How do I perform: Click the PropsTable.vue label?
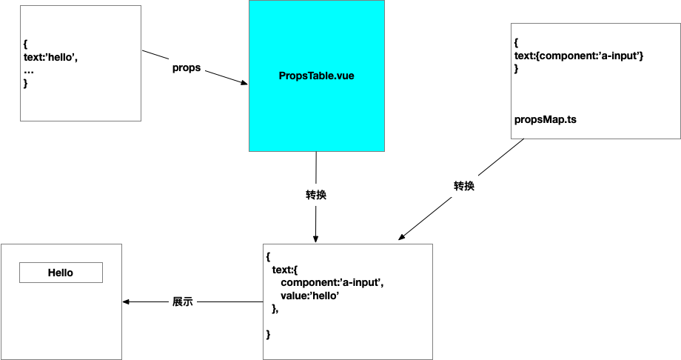pos(316,76)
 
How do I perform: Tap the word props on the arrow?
pos(187,68)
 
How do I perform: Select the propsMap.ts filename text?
pos(545,119)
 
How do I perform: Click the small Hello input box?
pos(61,273)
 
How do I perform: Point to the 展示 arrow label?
pos(182,301)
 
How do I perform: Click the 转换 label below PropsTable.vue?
pos(316,195)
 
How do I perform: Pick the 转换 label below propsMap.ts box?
pos(464,186)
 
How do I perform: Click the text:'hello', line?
pos(50,57)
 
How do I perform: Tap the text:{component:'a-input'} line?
pos(579,56)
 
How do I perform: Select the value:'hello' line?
pos(309,296)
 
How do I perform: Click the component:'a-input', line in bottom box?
pos(332,283)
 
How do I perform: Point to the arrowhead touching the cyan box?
pos(244,82)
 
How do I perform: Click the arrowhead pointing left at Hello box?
pos(126,301)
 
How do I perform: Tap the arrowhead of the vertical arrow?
pos(316,239)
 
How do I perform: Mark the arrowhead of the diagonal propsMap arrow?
pos(401,237)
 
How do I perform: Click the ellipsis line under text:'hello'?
pos(29,72)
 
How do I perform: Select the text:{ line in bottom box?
pos(284,270)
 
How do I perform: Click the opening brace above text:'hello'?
pos(26,44)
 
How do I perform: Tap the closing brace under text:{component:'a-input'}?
pos(517,69)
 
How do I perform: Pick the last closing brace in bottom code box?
pos(268,334)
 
